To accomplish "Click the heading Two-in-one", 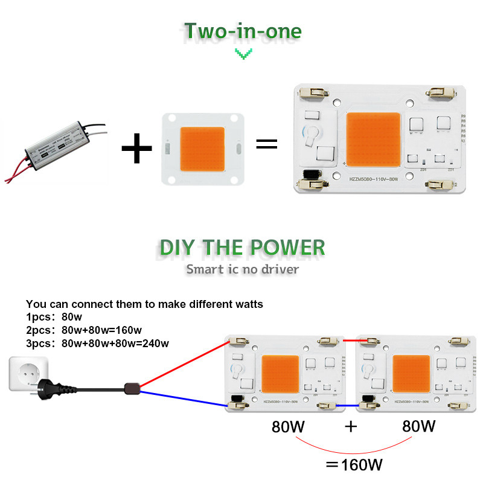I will point(242,31).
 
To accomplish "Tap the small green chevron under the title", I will point(242,54).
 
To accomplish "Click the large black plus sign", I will point(137,146).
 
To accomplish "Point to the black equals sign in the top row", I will point(267,144).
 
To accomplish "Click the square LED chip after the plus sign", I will point(202,147).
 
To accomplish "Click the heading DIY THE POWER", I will point(242,247).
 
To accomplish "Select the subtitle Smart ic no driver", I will point(242,269).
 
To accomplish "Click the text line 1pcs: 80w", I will point(55,317).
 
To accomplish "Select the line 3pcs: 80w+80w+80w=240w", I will point(97,344).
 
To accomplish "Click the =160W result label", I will point(354,465).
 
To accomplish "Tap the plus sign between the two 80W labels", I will point(350,427).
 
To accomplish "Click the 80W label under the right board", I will point(418,426).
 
